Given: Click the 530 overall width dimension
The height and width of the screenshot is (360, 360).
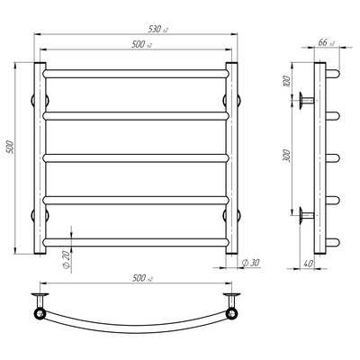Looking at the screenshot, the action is tap(158, 29).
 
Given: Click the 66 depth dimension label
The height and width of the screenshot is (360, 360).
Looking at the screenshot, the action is tap(326, 42).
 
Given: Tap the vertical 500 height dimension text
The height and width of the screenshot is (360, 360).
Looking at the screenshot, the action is tap(11, 147).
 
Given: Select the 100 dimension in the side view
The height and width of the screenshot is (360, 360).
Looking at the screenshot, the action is tap(287, 81).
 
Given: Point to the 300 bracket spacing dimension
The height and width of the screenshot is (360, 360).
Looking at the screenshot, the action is tap(287, 156).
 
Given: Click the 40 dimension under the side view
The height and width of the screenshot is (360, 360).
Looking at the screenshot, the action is tap(308, 264).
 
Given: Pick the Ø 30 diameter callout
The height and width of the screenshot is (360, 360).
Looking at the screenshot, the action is tap(250, 263).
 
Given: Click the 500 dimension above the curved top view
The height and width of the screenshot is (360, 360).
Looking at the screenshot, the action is tap(142, 278).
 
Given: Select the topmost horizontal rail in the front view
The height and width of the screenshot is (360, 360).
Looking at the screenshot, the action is tap(136, 74).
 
